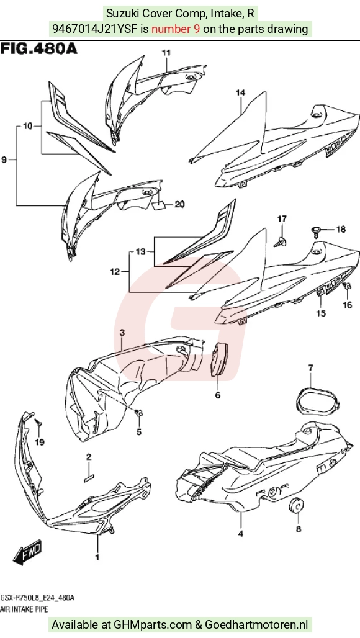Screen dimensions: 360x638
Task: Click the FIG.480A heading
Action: [x=38, y=49]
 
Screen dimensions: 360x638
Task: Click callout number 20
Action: [x=179, y=205]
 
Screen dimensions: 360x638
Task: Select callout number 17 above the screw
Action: [x=282, y=220]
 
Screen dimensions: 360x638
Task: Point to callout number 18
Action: [x=340, y=230]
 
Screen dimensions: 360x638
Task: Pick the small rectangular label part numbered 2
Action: [x=89, y=478]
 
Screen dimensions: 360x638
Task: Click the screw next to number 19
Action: [x=38, y=423]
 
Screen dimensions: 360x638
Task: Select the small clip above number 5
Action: [x=138, y=413]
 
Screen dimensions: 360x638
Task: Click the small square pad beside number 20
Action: [x=159, y=204]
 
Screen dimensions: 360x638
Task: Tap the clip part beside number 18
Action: [x=316, y=231]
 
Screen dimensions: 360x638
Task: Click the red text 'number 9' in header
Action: [x=175, y=29]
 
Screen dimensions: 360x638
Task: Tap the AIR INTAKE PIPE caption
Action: [x=24, y=609]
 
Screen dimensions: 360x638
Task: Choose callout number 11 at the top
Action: [x=166, y=53]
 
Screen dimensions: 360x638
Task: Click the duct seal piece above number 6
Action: [x=219, y=359]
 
